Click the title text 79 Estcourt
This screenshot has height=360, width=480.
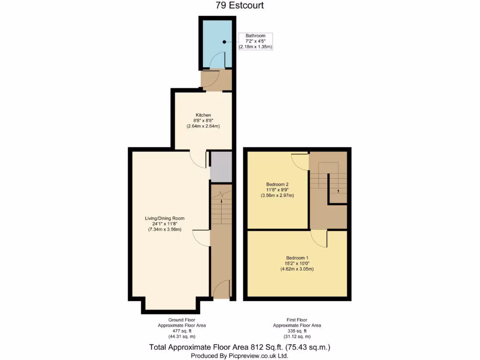point(240,6)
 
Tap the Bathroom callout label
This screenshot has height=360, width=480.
point(255,41)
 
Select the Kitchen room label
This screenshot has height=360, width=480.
point(203,120)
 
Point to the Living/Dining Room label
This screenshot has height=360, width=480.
point(165,224)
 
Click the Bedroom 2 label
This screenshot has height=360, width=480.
point(277,190)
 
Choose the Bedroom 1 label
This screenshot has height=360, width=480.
point(297,263)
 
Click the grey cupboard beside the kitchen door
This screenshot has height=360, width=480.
point(221,166)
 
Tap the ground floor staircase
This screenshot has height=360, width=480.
point(221,206)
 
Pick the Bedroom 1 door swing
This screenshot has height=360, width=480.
point(320,238)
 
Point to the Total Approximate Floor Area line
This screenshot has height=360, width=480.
point(240,347)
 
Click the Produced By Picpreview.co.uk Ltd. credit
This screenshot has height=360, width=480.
point(240,356)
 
